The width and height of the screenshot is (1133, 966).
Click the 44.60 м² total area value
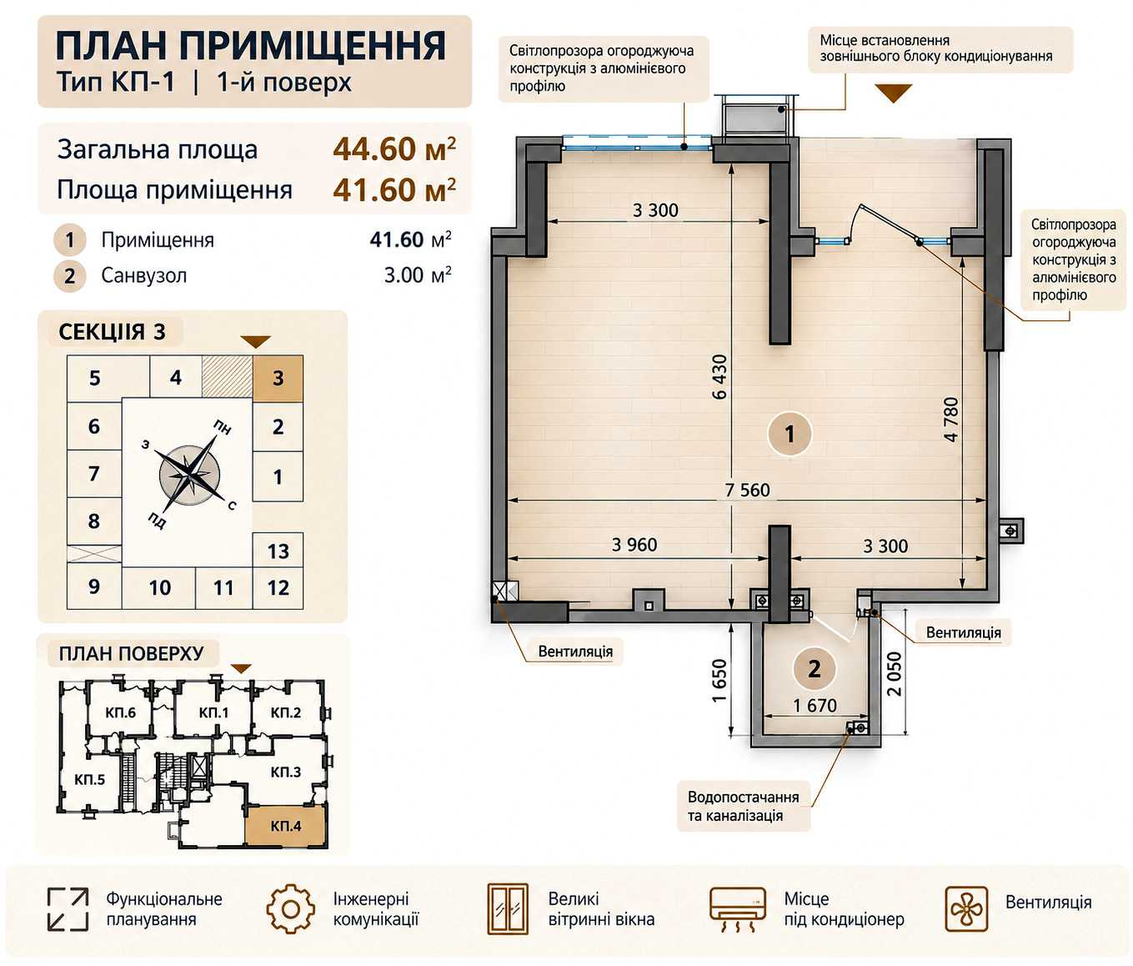(x=394, y=148)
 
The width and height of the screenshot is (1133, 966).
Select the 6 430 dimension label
(x=719, y=376)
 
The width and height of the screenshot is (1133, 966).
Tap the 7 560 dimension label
(x=748, y=490)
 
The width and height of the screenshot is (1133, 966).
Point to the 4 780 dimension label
(x=951, y=419)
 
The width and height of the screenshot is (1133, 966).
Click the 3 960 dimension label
(x=634, y=545)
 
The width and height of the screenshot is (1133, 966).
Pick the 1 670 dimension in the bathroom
(x=815, y=706)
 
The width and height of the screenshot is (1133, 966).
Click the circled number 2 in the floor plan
(x=815, y=669)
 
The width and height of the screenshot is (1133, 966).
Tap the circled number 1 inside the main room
(x=790, y=435)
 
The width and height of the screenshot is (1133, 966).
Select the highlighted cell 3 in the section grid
(x=278, y=378)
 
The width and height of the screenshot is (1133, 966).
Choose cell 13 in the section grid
(x=278, y=551)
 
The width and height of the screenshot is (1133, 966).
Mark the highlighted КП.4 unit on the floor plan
(x=286, y=826)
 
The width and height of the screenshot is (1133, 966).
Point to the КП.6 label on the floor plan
(x=121, y=712)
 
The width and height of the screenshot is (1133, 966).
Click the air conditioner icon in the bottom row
(x=737, y=910)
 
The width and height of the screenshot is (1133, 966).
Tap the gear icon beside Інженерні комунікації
(x=290, y=909)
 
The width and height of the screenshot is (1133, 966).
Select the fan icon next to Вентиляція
(x=966, y=909)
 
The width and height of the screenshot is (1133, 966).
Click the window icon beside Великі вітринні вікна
(x=508, y=908)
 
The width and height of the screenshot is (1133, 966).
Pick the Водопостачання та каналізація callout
(x=744, y=806)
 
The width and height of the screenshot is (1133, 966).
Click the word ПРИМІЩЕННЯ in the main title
(x=313, y=46)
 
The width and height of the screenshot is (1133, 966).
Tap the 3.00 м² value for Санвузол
(x=418, y=274)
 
